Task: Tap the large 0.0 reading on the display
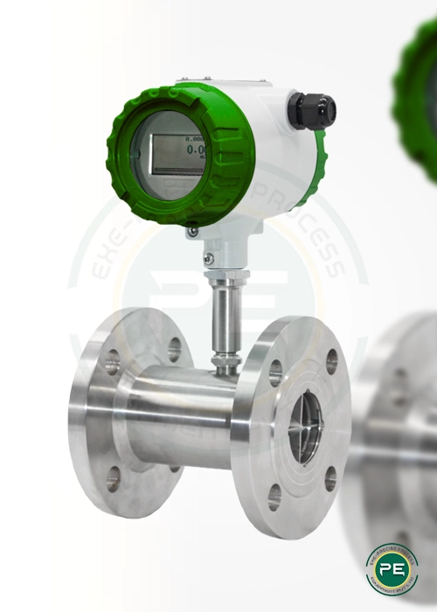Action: [x=195, y=151]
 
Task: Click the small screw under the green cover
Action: [x=191, y=231]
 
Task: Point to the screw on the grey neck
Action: [x=208, y=258]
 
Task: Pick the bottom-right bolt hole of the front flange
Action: [x=329, y=478]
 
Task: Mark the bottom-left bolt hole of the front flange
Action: [x=274, y=497]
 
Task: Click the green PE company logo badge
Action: [x=392, y=568]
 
